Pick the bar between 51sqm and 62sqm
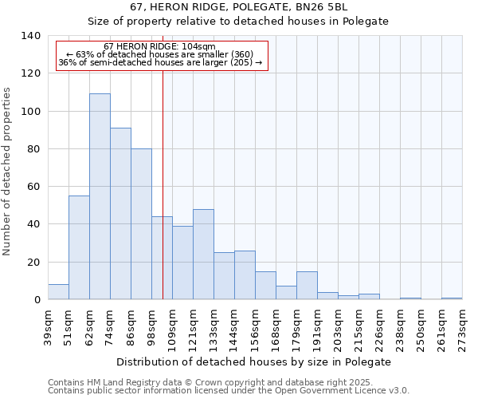click(x=79, y=247)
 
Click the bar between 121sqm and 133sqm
click(x=203, y=255)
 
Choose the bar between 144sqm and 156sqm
click(x=245, y=275)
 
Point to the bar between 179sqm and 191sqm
click(x=307, y=286)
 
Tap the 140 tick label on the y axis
click(x=31, y=36)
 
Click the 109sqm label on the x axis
click(x=172, y=327)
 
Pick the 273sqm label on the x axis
click(x=462, y=327)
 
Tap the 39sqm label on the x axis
click(x=48, y=327)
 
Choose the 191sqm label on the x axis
click(x=317, y=327)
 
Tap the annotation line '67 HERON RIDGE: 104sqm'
click(x=159, y=46)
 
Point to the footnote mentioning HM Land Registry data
click(x=216, y=382)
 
